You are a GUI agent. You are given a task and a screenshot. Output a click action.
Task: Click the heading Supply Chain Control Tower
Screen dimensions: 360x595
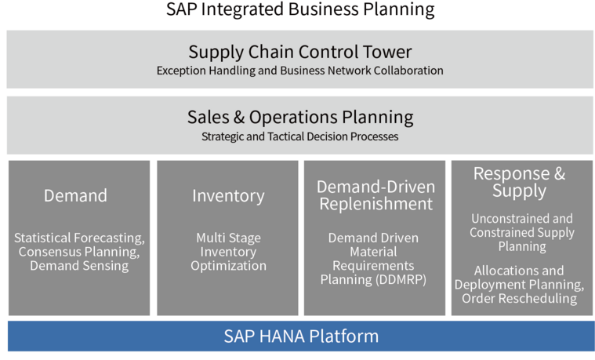click(x=299, y=53)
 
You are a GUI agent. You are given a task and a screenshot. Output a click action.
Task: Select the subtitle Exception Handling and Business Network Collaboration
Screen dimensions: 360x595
click(x=299, y=71)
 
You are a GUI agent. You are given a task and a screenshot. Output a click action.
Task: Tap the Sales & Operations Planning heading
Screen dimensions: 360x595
click(x=299, y=118)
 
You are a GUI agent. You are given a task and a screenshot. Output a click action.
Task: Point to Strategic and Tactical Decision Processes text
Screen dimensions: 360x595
click(x=299, y=136)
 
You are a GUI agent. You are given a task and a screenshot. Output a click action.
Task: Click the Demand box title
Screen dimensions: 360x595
click(x=75, y=195)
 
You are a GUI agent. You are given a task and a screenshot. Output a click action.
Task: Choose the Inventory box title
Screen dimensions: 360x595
click(x=228, y=195)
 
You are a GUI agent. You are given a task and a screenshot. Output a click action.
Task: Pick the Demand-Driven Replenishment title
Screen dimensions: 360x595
click(x=375, y=195)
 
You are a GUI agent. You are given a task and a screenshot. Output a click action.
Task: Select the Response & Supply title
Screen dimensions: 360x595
click(x=519, y=182)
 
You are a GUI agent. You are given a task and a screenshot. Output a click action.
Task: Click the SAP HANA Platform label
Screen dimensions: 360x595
click(x=300, y=336)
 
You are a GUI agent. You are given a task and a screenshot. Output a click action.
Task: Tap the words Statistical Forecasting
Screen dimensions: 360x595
click(x=79, y=238)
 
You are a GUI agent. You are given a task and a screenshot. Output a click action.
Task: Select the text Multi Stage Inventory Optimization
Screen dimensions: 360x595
click(x=228, y=252)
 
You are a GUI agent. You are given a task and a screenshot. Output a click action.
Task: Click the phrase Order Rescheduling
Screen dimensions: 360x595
click(x=519, y=298)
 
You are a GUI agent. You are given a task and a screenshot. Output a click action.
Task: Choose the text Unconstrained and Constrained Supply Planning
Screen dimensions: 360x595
click(x=521, y=232)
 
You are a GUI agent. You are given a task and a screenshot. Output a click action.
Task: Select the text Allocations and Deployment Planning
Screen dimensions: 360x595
click(x=519, y=277)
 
